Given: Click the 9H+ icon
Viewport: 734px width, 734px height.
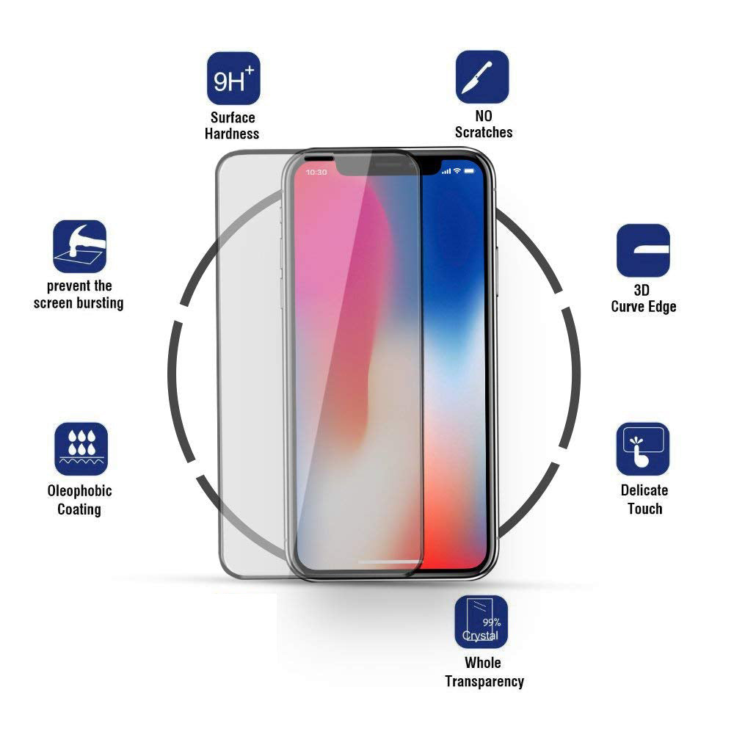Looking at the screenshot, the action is point(233,79).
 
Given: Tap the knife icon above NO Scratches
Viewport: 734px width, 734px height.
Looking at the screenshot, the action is point(482,77).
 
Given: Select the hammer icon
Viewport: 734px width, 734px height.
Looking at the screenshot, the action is point(79,246).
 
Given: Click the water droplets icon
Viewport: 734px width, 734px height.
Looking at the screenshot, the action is point(81,449).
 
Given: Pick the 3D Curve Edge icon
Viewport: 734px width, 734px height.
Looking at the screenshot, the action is point(643,250).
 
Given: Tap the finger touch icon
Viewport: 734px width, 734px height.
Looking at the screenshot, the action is point(643,449).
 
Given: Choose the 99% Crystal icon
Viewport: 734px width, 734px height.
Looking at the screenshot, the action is point(482,622).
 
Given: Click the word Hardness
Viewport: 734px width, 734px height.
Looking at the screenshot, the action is point(232,134).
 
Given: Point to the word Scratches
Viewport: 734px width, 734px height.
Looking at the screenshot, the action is point(484,132).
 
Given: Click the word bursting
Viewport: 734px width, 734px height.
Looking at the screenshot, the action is point(101,303).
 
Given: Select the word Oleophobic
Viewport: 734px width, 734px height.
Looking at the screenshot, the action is point(79,491).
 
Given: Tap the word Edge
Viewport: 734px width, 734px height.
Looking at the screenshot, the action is point(661,307).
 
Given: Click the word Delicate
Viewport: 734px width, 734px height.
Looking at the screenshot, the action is point(644,490).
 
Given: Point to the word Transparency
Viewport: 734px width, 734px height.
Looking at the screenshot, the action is point(484,682).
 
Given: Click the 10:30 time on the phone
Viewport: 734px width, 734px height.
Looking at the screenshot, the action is point(316,172).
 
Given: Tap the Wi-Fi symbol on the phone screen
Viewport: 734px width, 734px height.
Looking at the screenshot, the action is point(457,170).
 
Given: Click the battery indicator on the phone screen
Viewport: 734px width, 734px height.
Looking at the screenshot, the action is point(468,171).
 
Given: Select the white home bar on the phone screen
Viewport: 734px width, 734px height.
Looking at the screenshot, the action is point(390,562).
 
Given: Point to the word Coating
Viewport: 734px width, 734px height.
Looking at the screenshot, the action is point(79,509).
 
